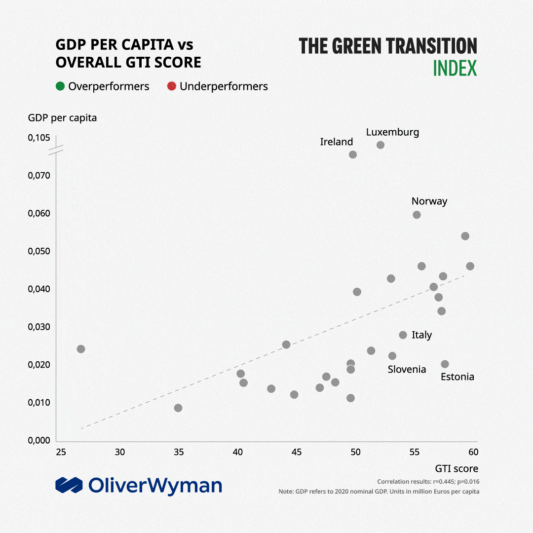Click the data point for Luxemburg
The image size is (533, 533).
(x=381, y=145)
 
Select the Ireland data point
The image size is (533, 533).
(x=353, y=154)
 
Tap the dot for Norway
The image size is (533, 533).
(x=417, y=215)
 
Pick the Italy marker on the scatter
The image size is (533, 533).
(x=403, y=335)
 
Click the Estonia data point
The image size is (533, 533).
(x=445, y=364)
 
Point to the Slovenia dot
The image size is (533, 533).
(x=392, y=356)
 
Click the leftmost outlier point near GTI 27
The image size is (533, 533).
(x=81, y=349)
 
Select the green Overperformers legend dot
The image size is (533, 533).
(x=60, y=86)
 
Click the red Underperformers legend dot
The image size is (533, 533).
(x=172, y=86)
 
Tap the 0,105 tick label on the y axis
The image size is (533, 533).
(x=38, y=138)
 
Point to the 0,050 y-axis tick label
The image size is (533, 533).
(x=38, y=251)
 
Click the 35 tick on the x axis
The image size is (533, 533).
(x=179, y=452)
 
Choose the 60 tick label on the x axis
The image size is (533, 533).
(x=473, y=452)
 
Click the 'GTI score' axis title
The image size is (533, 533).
(x=456, y=468)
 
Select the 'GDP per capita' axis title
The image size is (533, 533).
(x=62, y=118)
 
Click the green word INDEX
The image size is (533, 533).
(x=455, y=69)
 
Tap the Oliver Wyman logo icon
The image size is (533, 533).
(x=69, y=485)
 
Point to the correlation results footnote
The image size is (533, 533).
(x=428, y=482)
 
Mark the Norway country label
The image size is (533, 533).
(x=429, y=201)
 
